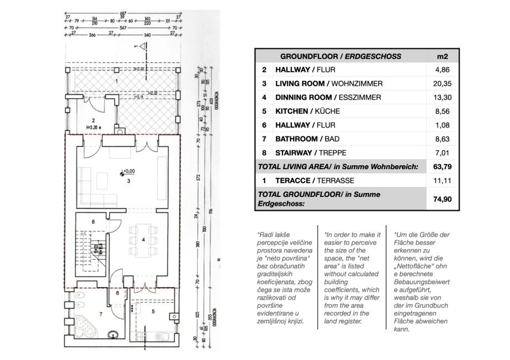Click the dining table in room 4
[140, 242]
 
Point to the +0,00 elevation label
[128, 171]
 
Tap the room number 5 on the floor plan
[154, 310]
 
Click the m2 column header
[443, 56]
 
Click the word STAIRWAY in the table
[293, 153]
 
